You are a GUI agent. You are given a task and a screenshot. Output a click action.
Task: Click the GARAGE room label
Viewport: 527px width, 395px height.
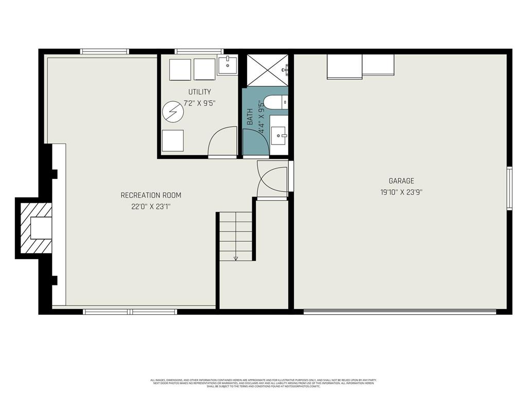tap(401, 181)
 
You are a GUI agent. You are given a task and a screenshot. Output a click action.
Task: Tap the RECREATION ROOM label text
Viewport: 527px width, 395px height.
tap(151, 195)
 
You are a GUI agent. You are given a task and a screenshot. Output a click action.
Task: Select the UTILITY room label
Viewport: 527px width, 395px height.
tap(199, 92)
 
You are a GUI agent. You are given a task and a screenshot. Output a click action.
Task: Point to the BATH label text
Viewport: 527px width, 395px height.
tap(250, 117)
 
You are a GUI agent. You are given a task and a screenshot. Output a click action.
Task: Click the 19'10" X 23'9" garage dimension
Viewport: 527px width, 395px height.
tap(401, 192)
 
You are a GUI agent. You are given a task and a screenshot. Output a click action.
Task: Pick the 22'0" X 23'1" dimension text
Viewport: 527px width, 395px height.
tap(151, 207)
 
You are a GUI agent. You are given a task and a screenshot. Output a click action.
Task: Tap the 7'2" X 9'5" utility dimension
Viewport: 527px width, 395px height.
tap(199, 103)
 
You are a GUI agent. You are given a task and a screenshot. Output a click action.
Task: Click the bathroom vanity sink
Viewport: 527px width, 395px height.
tap(279, 136)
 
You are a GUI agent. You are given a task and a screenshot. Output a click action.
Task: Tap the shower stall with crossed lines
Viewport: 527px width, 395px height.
tap(267, 69)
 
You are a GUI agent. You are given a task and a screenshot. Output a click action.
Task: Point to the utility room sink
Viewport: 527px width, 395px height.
tap(227, 65)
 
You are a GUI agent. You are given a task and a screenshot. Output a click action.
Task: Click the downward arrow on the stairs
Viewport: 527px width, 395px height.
tap(236, 258)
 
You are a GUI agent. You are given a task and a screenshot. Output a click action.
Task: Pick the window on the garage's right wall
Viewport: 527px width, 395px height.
tap(509, 188)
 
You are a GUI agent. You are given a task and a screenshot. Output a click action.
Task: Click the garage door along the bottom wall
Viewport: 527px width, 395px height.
tap(399, 311)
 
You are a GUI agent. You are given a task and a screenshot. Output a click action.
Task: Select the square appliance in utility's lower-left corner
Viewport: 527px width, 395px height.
tap(172, 140)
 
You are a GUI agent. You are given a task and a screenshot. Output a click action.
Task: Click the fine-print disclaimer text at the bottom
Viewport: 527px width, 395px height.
tap(263, 383)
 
